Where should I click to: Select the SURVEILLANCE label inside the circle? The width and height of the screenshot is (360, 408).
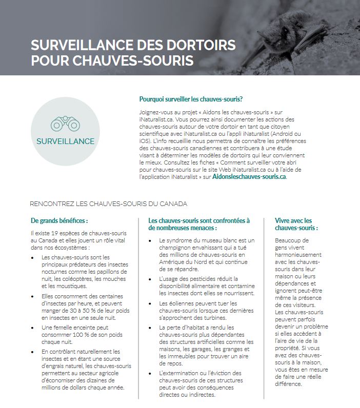[x=65, y=141]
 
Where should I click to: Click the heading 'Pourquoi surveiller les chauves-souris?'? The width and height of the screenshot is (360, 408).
[x=191, y=98]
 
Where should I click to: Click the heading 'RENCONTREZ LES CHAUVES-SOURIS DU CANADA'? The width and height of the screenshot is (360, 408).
[x=108, y=203]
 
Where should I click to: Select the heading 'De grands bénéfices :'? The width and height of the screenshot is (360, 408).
[x=59, y=221]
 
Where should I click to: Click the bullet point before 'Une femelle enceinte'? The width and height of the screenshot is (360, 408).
[x=33, y=327]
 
